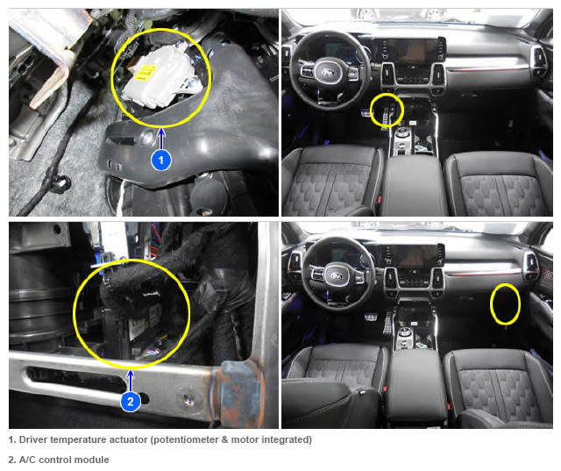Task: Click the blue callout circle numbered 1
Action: coord(161,160)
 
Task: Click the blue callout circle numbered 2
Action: coord(131,401)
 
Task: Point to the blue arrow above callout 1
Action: coord(161,139)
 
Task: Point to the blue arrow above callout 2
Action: coord(131,381)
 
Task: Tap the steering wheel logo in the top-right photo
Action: coord(328,73)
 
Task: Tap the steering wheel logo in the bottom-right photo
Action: coord(337,275)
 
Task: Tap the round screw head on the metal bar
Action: coord(188,399)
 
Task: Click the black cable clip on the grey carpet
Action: coord(60,183)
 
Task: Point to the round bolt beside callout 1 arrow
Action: coord(146,138)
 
